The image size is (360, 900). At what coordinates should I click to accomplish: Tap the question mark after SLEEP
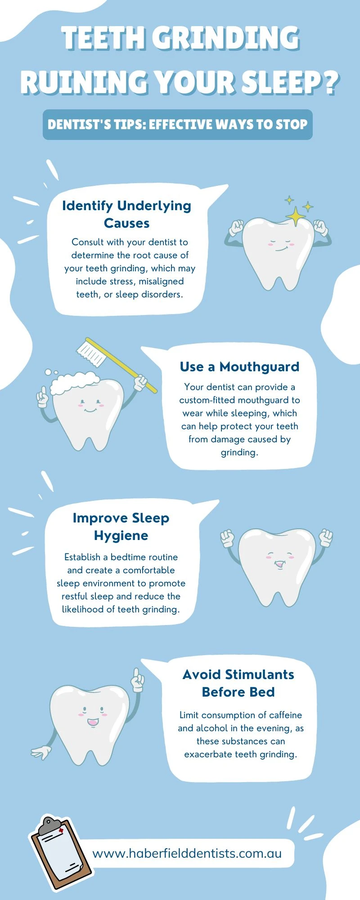pyautogui.click(x=331, y=83)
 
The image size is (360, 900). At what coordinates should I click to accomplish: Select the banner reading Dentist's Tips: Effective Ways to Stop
pyautogui.click(x=178, y=125)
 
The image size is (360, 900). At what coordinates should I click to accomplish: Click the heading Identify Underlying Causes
pyautogui.click(x=127, y=214)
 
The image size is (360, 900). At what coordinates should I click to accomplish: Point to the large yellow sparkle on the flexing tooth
pyautogui.click(x=296, y=216)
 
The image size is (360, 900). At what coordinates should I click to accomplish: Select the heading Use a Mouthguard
pyautogui.click(x=239, y=367)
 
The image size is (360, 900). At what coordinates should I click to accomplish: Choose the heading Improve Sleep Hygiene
pyautogui.click(x=121, y=526)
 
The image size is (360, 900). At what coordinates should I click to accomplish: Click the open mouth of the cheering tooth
pyautogui.click(x=279, y=564)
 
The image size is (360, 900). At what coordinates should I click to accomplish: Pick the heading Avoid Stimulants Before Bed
pyautogui.click(x=238, y=683)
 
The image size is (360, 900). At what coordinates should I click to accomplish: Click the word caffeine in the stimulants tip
pyautogui.click(x=285, y=715)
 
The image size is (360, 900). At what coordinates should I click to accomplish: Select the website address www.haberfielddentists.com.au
pyautogui.click(x=187, y=853)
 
